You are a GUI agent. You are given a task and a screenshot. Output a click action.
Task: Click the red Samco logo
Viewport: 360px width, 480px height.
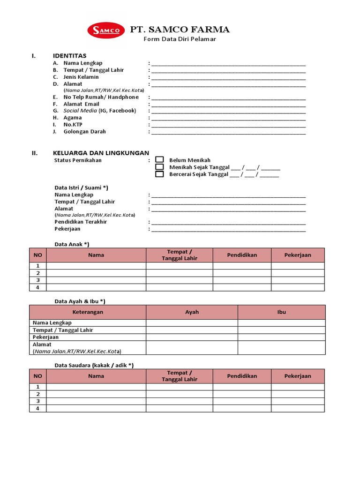(x=106, y=30)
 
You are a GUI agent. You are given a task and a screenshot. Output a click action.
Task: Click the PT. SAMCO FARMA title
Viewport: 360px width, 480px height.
(x=180, y=30)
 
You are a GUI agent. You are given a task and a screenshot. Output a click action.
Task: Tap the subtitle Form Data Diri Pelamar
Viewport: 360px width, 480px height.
(x=180, y=39)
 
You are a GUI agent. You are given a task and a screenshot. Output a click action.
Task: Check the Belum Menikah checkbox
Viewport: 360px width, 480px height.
(x=159, y=160)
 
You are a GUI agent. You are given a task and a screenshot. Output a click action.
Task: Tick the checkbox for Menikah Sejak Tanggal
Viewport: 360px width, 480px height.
(x=159, y=167)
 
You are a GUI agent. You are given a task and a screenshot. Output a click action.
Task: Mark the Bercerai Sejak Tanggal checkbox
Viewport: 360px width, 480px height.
(x=159, y=174)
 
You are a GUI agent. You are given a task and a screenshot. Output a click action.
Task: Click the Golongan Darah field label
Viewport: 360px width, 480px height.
(x=84, y=132)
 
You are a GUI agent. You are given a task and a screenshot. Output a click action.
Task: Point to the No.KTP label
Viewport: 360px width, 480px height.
(x=72, y=125)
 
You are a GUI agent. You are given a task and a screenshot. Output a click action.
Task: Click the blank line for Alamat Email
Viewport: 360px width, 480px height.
(x=228, y=104)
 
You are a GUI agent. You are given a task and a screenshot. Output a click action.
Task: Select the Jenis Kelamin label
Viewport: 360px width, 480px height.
(x=81, y=77)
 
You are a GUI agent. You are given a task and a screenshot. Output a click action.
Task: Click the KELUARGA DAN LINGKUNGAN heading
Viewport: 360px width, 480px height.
(x=101, y=153)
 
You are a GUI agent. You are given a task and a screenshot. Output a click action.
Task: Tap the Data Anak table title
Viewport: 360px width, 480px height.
(x=72, y=244)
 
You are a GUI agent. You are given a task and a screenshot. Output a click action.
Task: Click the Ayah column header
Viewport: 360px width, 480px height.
(x=192, y=312)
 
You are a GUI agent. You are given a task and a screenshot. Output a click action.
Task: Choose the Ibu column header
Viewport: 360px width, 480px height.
(x=281, y=312)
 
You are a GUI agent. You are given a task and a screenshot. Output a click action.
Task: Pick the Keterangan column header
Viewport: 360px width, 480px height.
(x=88, y=312)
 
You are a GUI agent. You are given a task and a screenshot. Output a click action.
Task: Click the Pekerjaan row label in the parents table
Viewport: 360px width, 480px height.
(x=45, y=337)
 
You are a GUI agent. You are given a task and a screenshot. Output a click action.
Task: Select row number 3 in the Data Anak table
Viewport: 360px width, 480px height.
(x=38, y=280)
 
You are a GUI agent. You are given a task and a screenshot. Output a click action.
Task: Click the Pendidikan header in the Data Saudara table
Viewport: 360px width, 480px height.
(x=242, y=376)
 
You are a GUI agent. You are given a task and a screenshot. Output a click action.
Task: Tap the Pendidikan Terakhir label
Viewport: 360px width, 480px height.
(x=81, y=222)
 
